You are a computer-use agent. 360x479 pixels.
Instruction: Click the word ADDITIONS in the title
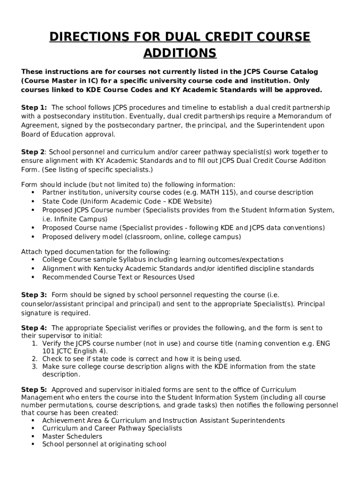(x=180, y=53)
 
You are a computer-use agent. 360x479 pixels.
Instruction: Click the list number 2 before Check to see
(x=35, y=359)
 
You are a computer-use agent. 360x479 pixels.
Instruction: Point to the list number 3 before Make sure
(x=35, y=367)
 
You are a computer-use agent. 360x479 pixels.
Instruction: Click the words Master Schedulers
(x=72, y=436)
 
